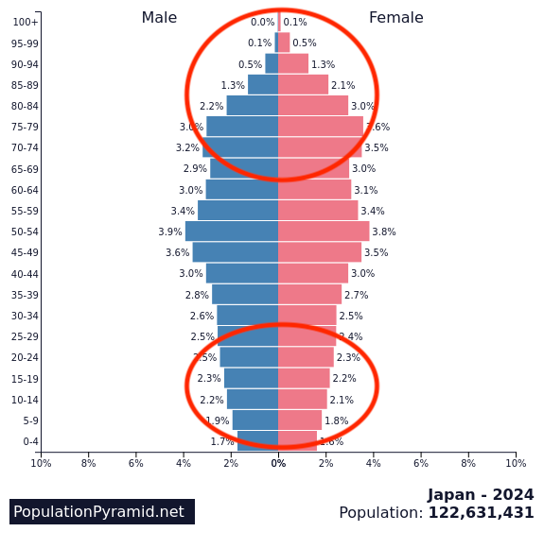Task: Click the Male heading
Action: point(159,18)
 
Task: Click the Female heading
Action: point(395,18)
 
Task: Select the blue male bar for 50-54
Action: point(232,232)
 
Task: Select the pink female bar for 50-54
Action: point(324,232)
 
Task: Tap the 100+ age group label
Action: point(26,22)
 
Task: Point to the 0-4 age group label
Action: point(30,441)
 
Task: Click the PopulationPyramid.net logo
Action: point(98,511)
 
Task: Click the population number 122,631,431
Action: point(481,513)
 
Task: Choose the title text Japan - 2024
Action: point(481,494)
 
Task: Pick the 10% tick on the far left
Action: point(41,463)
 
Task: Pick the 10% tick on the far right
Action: point(516,463)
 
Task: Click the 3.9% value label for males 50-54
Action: point(170,232)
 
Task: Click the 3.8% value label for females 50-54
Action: point(384,232)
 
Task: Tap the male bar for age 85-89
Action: point(263,85)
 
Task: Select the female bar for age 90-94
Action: point(293,64)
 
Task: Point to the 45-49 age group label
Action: point(25,252)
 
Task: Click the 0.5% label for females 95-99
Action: point(305,43)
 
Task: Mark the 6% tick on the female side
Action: point(421,463)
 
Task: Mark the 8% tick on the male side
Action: point(88,463)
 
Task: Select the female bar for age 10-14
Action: point(303,400)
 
